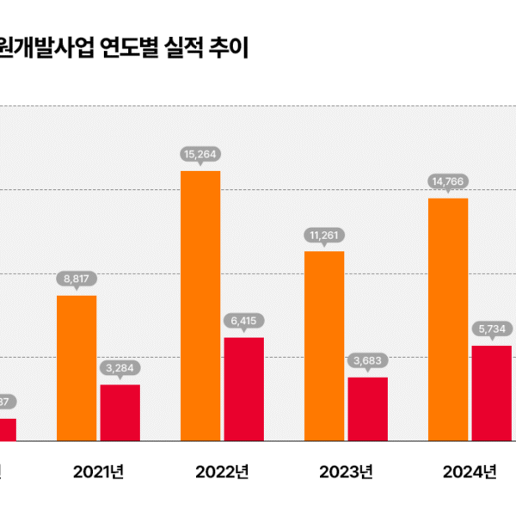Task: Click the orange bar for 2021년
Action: coord(77,368)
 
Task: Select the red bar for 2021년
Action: coord(120,413)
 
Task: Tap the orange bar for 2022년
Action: coord(200,306)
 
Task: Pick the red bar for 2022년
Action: coord(243,389)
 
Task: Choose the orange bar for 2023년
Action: coord(324,346)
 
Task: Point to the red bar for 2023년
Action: coord(367,409)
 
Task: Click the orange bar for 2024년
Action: coord(448,320)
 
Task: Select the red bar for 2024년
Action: coord(491,393)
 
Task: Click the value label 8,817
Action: coord(77,279)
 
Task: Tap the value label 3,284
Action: coord(120,367)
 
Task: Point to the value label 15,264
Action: coord(200,155)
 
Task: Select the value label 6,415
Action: coord(243,321)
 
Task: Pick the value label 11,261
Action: coord(324,234)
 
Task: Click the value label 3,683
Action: coord(367,360)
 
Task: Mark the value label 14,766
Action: coord(448,181)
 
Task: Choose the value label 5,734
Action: coord(491,329)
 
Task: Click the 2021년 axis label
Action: coord(99,471)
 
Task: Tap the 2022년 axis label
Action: coord(223,471)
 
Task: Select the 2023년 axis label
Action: coord(346,471)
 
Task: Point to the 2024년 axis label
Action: coord(470,471)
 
